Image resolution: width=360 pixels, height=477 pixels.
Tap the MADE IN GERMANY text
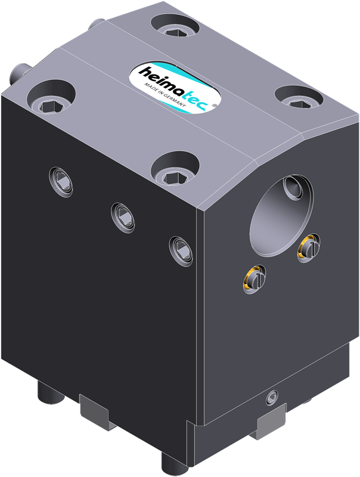point(165,95)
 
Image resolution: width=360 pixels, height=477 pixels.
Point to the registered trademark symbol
point(214,106)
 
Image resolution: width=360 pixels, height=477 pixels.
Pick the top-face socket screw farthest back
point(175,25)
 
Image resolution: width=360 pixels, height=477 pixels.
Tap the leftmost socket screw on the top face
point(51,98)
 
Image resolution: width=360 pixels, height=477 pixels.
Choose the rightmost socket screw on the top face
point(299,97)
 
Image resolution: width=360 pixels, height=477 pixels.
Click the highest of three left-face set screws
point(61,182)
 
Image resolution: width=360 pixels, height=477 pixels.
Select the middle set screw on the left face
point(123,218)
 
